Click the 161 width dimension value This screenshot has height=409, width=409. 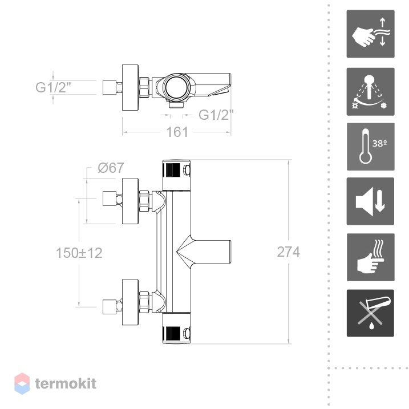point(177,132)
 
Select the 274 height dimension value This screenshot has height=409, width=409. point(288,252)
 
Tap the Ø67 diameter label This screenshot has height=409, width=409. point(111,168)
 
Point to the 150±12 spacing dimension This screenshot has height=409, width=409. point(79,253)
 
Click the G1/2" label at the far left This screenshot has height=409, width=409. point(53,87)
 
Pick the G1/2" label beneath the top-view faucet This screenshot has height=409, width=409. point(216,115)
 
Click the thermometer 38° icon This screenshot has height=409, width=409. point(370,147)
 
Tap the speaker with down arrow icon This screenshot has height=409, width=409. point(370,201)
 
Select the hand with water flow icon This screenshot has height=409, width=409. point(370,34)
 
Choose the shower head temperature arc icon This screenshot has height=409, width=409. point(370,92)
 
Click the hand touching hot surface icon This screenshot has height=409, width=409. point(370,257)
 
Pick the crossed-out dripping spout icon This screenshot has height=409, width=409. point(370,313)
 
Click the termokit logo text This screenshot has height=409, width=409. point(66,384)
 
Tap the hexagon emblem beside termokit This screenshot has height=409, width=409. point(22,383)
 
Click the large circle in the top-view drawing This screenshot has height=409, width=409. point(175,87)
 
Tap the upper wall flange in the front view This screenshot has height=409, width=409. point(131,201)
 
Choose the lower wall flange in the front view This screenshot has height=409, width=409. point(131,302)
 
